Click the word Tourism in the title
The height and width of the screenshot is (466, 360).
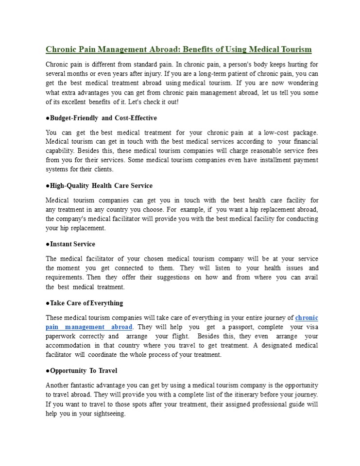point(295,50)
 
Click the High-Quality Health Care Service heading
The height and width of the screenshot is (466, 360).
point(101,186)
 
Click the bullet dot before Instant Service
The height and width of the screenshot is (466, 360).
point(48,244)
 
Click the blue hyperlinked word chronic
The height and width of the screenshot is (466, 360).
point(307,318)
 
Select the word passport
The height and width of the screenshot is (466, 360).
point(238,327)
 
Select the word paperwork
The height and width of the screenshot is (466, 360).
point(60,336)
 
